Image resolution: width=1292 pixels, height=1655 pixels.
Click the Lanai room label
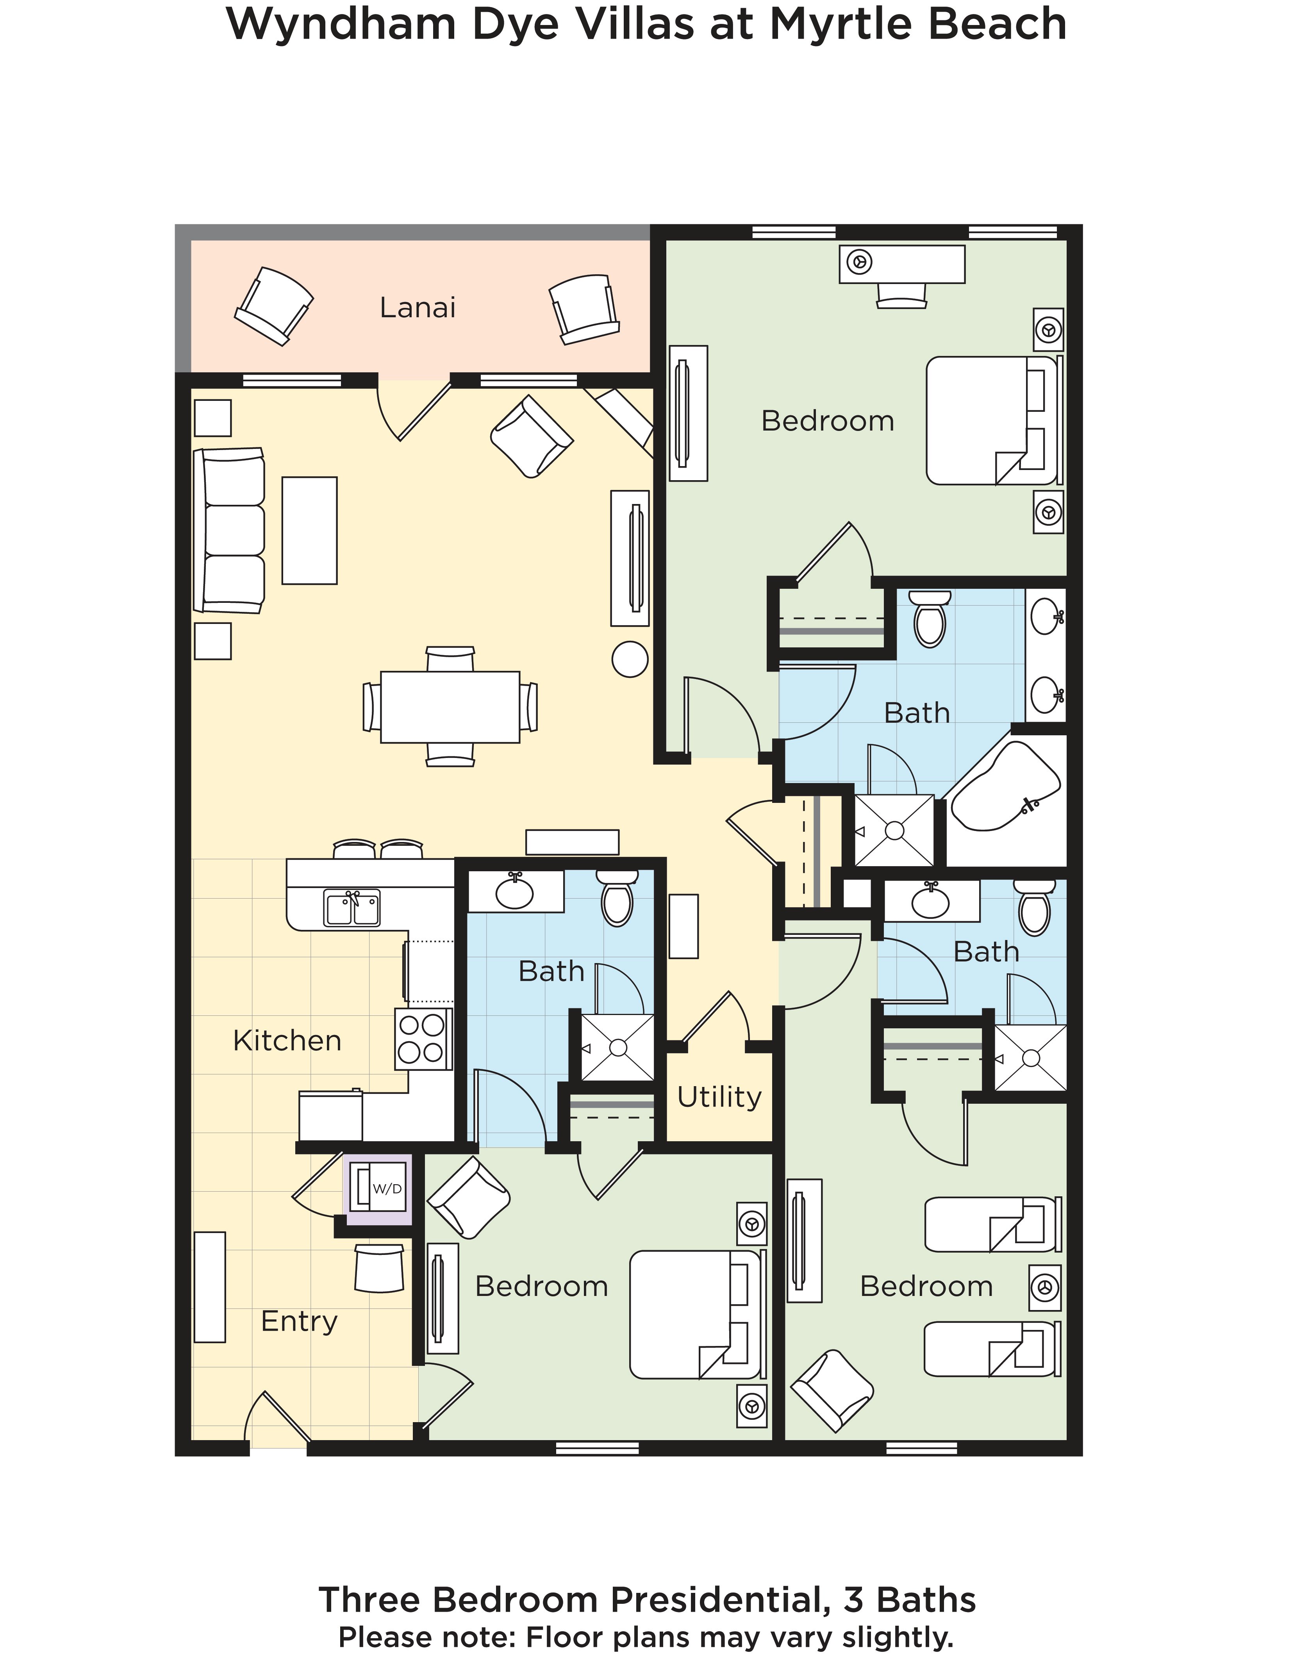coord(417,307)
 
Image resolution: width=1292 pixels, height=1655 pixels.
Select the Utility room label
coord(719,1097)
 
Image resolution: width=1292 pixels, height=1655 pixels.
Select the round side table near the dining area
coord(629,659)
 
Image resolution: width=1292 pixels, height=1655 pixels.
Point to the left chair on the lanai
coord(273,306)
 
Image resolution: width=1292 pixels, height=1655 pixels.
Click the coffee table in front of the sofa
coord(309,531)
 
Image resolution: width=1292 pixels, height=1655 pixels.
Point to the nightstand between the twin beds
coord(1045,1287)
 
